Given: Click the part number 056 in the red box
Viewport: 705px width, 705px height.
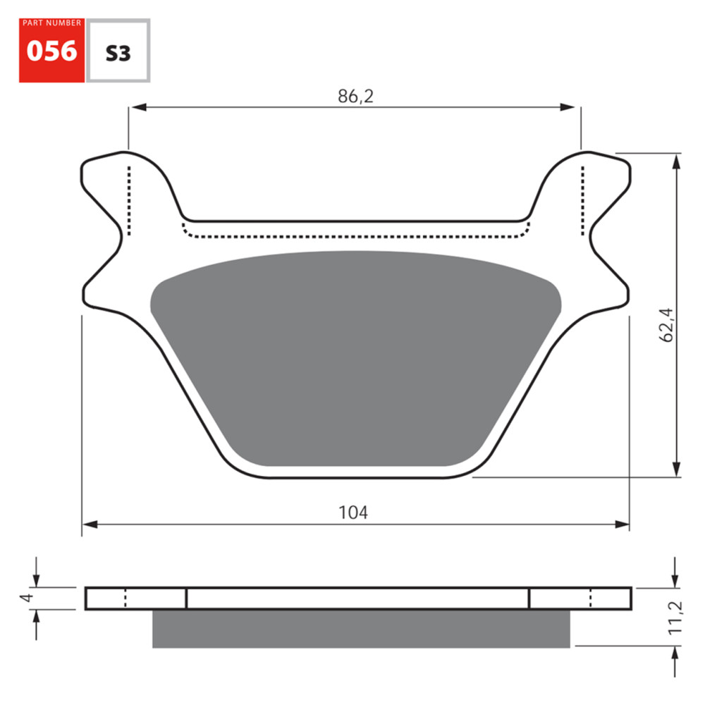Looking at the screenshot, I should click(x=51, y=51).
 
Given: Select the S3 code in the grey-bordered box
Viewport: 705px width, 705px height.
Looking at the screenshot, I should click(x=118, y=54).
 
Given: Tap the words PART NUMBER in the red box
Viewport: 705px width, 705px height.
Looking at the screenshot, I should click(x=51, y=23).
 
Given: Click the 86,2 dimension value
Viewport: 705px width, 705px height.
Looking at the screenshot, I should click(x=355, y=97).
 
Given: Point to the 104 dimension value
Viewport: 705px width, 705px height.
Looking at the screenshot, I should click(x=353, y=513).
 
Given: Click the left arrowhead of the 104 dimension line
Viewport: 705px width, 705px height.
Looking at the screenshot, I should click(x=89, y=524).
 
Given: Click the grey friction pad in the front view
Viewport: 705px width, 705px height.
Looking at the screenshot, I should click(x=356, y=360).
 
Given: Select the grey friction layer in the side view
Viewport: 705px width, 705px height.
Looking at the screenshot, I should click(x=360, y=628).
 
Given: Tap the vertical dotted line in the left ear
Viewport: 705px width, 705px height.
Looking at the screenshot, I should click(x=129, y=201).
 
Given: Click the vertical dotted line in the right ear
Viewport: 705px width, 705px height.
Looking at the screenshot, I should click(x=582, y=201).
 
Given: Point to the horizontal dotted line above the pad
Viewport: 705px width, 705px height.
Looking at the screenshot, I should click(x=355, y=236).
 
